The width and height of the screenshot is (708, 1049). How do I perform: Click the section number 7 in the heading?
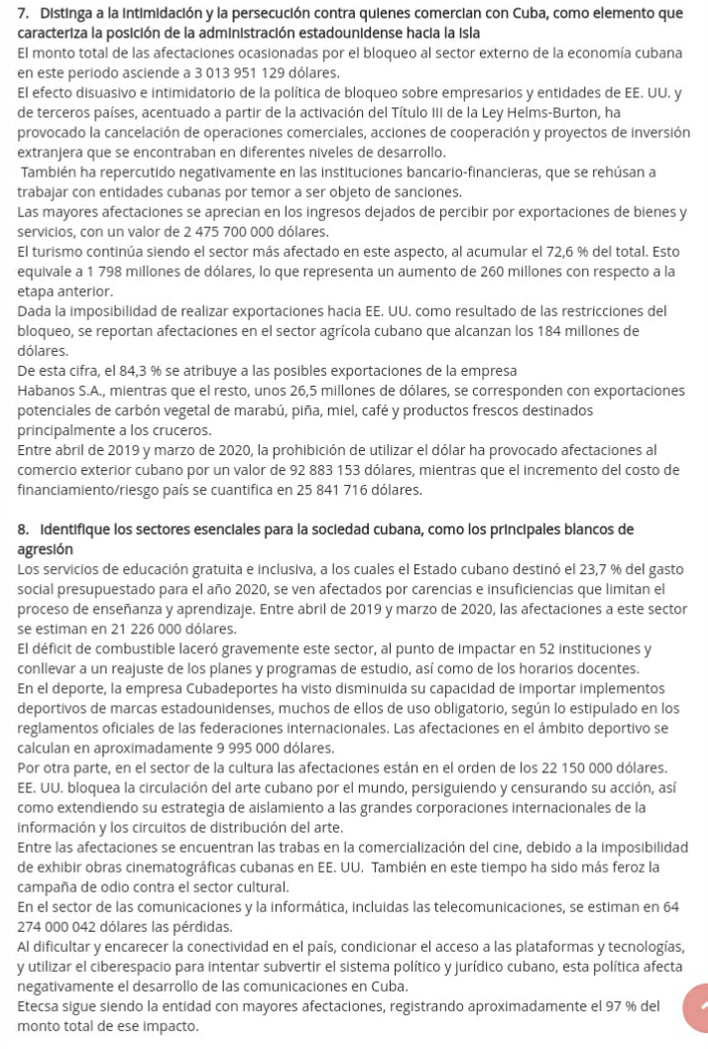[x=14, y=13]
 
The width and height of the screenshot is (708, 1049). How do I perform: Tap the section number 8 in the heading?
[x=14, y=528]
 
